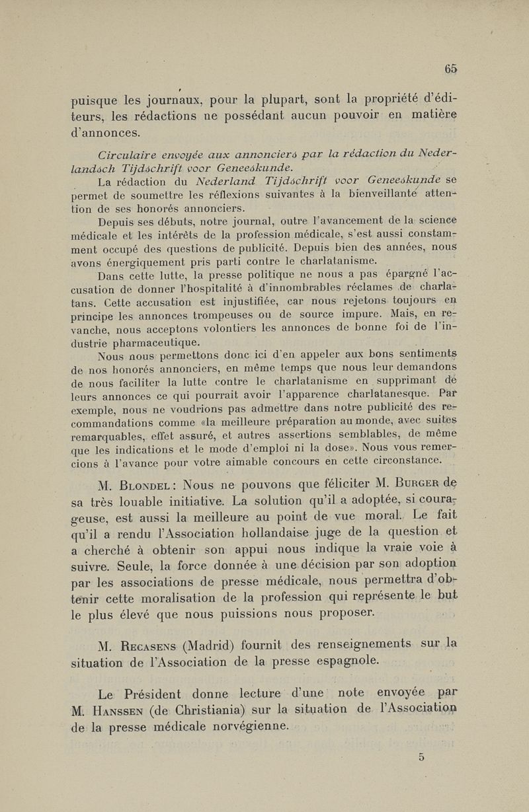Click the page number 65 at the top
pos(452,67)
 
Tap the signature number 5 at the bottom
pos(421,758)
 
